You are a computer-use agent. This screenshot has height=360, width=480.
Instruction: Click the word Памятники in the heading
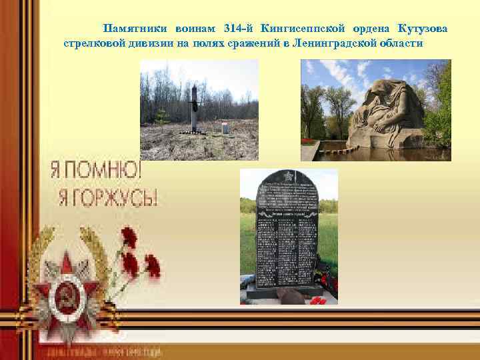point(135,29)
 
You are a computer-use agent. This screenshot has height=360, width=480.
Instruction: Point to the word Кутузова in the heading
point(423,29)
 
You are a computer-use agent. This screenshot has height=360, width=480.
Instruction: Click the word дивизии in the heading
point(145,43)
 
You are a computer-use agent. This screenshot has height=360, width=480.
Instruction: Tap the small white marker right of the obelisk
point(222,127)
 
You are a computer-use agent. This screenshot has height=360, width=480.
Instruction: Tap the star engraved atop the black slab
point(287,177)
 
